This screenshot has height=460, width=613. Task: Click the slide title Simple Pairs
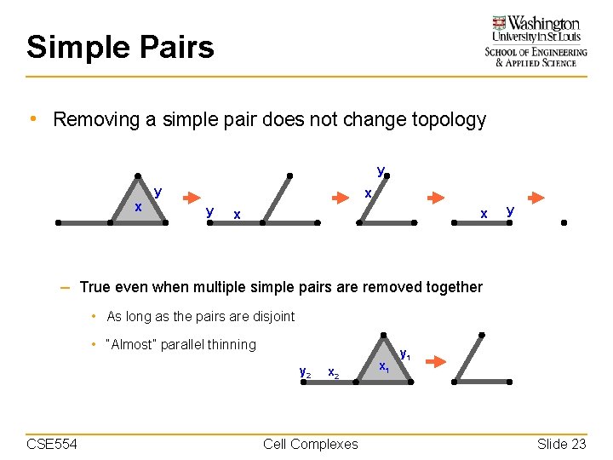coord(120,47)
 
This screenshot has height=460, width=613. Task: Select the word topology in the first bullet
coord(450,119)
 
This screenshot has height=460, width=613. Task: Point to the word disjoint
coord(271,316)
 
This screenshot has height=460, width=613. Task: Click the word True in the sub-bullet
coord(96,287)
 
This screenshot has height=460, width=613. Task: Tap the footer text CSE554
coord(52,443)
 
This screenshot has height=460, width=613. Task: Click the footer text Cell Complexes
coord(311,443)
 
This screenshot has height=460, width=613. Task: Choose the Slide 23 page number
coord(561,443)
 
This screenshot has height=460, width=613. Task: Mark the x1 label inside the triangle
coord(384,367)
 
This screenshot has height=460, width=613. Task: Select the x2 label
coord(334,373)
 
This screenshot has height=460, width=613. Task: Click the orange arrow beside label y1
coord(435,362)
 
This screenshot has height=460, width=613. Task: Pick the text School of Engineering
coord(536,52)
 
